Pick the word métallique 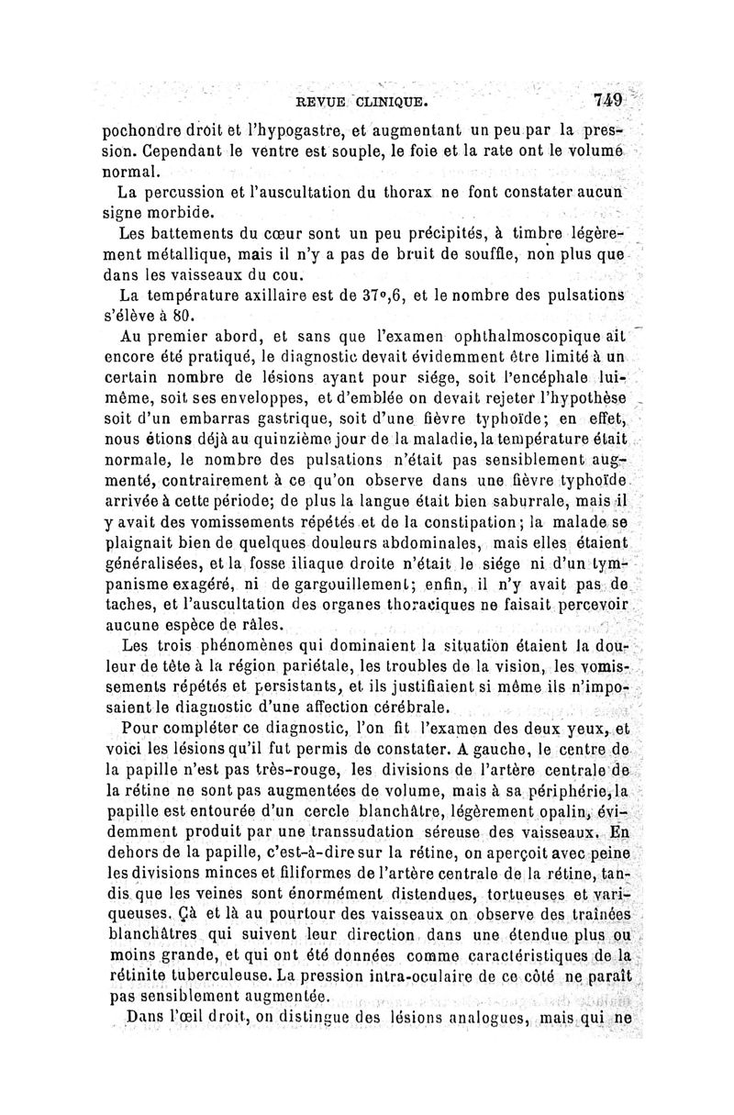click(x=194, y=253)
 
